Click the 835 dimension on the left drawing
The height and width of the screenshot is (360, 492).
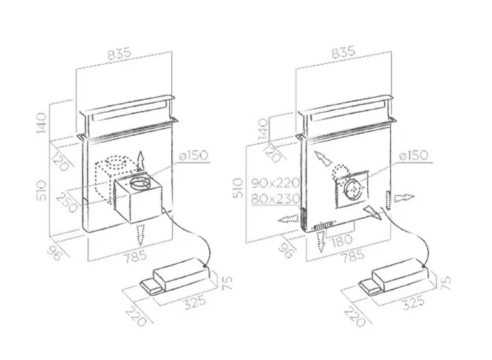119,54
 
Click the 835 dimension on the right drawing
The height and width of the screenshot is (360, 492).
343,52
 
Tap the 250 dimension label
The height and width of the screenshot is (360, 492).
67,203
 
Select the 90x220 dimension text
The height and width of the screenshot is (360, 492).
275,183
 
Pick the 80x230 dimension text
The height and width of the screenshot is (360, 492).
275,198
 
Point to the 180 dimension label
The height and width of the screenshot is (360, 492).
341,240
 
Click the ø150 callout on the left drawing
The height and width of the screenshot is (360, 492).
194,155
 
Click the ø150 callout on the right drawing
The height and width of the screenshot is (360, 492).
414,155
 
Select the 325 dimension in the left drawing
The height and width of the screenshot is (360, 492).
195,302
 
